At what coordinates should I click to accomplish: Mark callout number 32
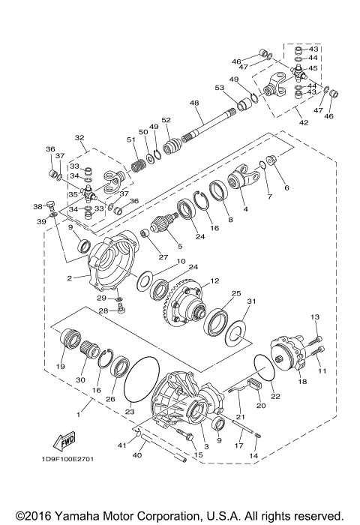78,138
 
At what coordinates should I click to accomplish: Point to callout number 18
303,382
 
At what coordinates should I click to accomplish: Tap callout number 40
137,454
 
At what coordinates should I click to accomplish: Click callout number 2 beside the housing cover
68,277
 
